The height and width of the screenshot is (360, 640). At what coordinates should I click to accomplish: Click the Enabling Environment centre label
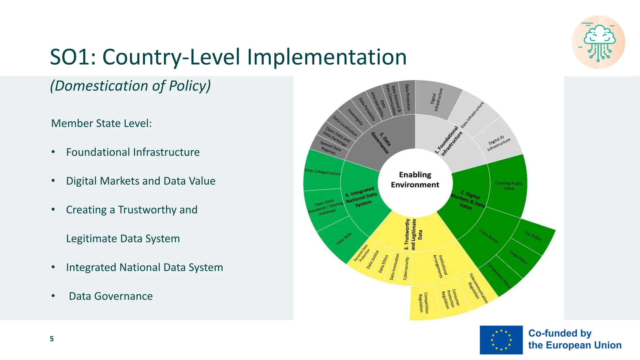click(415, 180)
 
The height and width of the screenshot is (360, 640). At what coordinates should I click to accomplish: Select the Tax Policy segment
click(533, 236)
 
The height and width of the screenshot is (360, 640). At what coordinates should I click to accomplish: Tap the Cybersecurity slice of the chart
click(406, 269)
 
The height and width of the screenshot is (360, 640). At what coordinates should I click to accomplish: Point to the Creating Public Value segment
click(508, 186)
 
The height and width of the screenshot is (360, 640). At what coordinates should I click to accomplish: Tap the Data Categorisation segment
click(322, 172)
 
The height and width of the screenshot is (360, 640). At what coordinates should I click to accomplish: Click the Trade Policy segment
click(518, 257)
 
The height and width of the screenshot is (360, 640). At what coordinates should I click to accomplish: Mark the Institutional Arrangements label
click(440, 266)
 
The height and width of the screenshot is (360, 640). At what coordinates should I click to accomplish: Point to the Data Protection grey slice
click(407, 97)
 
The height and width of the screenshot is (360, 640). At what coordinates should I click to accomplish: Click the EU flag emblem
click(501, 340)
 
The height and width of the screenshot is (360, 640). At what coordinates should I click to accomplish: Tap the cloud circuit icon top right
click(598, 42)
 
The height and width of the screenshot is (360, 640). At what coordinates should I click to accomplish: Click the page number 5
click(52, 339)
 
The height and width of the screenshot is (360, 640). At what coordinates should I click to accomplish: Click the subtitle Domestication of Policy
click(130, 86)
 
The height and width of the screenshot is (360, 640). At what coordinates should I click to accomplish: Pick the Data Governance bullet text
click(111, 296)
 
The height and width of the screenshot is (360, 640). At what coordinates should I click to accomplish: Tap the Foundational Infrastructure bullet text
click(133, 152)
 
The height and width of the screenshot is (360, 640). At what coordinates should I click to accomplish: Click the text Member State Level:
click(101, 123)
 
